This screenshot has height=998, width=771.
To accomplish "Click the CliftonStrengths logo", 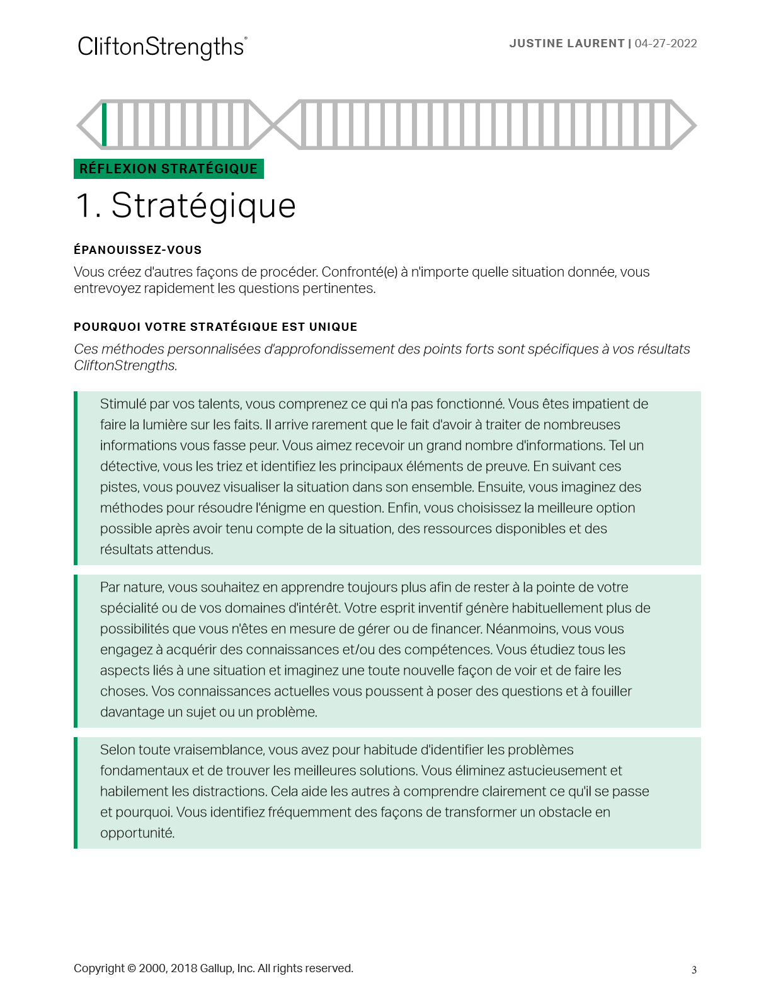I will (162, 47).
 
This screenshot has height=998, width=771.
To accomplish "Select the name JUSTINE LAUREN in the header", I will (566, 43).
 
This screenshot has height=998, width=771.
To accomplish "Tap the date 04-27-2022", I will (666, 43).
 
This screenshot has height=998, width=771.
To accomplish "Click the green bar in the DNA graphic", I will (105, 124).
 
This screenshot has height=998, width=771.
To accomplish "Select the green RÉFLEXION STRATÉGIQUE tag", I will (169, 169).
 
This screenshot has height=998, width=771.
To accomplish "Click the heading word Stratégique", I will (203, 206).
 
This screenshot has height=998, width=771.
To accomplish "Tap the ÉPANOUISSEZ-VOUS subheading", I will (137, 250).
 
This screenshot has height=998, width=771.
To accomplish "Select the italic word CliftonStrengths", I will (125, 365).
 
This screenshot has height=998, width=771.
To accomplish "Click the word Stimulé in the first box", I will (123, 404).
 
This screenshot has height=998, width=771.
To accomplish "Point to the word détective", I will (128, 466).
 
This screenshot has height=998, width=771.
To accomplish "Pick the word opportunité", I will (137, 833).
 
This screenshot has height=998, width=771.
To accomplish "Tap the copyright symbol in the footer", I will (132, 968).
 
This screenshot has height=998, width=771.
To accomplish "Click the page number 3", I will (694, 970).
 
